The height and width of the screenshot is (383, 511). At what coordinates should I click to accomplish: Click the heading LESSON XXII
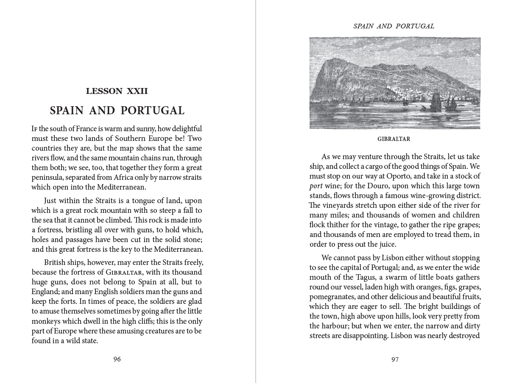pyautogui.click(x=117, y=91)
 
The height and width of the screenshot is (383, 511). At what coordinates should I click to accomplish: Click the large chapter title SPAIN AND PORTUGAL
pyautogui.click(x=117, y=111)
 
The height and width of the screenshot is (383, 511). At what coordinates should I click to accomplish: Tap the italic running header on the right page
pyautogui.click(x=394, y=26)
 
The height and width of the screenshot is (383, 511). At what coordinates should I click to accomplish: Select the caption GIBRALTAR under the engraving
pyautogui.click(x=394, y=139)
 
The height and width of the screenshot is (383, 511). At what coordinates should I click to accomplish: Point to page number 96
pyautogui.click(x=117, y=359)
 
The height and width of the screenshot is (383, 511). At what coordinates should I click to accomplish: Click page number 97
pyautogui.click(x=395, y=359)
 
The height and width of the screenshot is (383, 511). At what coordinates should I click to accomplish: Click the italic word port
pyautogui.click(x=316, y=186)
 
